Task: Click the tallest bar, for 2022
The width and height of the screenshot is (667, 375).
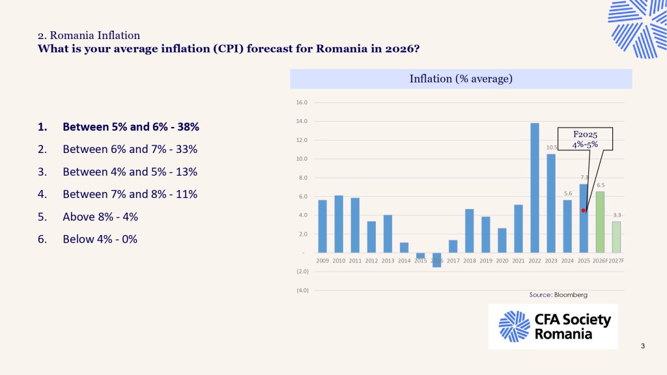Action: [x=535, y=187]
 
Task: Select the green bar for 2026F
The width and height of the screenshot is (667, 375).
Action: [x=600, y=222]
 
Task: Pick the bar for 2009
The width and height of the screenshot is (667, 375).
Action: [x=322, y=226]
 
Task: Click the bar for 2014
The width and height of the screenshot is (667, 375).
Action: [x=404, y=247]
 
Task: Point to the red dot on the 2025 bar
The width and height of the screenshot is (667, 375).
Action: [x=584, y=210]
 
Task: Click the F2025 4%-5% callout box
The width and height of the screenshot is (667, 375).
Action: [x=585, y=139]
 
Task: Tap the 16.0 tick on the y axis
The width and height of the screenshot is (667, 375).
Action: [x=302, y=103]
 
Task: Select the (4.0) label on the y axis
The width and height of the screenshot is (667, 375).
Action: [x=302, y=290]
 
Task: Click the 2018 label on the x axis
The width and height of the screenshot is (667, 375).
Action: [x=469, y=260]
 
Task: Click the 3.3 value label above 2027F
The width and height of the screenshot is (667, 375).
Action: [x=617, y=215]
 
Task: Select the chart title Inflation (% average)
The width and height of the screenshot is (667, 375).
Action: [x=461, y=79]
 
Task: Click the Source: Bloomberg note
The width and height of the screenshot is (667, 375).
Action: [x=558, y=295]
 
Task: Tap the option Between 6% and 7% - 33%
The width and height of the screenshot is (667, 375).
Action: [x=130, y=149]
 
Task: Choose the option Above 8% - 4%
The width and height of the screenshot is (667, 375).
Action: [x=100, y=217]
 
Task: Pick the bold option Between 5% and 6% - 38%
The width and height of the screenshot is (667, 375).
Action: [x=130, y=126]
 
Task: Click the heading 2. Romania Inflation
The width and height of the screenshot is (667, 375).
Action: [x=89, y=35]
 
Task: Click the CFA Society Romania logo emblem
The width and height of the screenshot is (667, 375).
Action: [x=514, y=326]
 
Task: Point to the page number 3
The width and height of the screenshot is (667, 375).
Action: [x=643, y=346]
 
